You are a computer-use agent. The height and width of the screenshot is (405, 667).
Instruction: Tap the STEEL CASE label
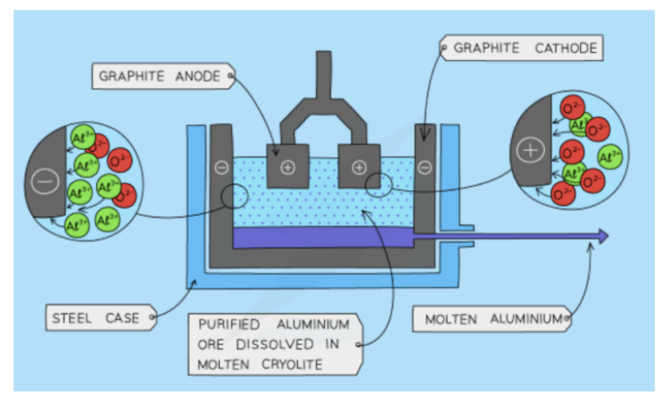[96, 318]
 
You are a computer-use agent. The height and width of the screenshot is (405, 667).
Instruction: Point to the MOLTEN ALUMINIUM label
[492, 319]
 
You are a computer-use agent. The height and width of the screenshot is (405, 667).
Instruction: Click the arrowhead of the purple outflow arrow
[603, 236]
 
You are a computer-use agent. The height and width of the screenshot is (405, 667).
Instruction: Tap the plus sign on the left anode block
[287, 168]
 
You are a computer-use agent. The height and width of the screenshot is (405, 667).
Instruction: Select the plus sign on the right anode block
[359, 168]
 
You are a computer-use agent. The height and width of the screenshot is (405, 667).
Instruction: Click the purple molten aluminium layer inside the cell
[321, 236]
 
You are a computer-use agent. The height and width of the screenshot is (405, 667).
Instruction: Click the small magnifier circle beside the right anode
[379, 185]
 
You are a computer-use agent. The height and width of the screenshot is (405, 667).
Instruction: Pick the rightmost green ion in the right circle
[611, 158]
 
